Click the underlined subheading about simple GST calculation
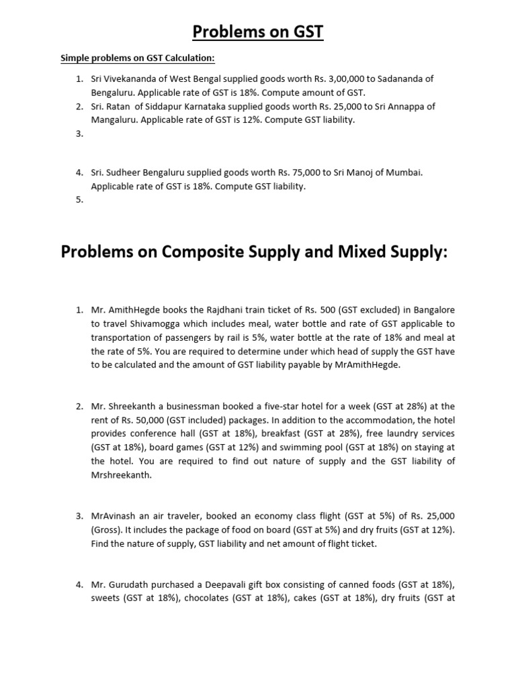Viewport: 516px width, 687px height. click(x=138, y=58)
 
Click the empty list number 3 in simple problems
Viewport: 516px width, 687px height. click(x=79, y=134)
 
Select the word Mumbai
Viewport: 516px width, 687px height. click(x=404, y=172)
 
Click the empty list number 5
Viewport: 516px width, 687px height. click(x=79, y=199)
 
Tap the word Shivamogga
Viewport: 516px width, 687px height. click(x=154, y=323)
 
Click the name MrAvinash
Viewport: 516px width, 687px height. click(x=116, y=516)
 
